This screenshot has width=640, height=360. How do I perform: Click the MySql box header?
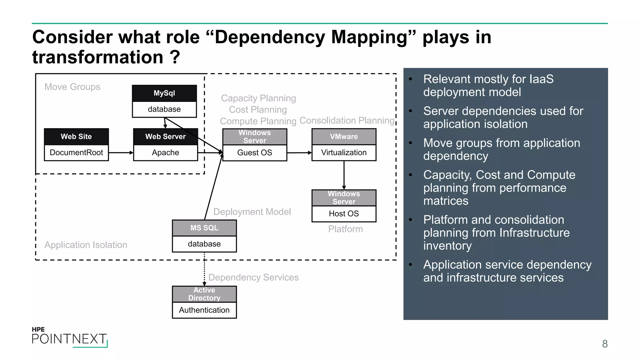point(164,93)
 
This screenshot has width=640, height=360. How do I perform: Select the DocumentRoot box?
point(76,152)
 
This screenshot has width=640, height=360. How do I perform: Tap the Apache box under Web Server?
point(165,152)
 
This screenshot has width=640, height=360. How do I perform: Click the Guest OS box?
point(254,152)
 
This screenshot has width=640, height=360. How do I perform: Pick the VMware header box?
point(344,137)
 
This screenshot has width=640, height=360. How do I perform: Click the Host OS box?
point(344,214)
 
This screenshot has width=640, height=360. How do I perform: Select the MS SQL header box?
point(204,228)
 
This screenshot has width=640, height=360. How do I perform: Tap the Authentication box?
point(204,310)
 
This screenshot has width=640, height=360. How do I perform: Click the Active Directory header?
point(204,294)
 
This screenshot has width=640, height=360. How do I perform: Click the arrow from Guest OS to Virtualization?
point(299,153)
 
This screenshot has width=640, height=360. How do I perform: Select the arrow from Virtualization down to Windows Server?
point(344,175)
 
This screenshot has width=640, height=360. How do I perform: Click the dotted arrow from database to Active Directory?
point(204,269)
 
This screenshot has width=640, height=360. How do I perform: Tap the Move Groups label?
point(72,87)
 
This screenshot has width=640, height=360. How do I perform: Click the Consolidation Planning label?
point(347,120)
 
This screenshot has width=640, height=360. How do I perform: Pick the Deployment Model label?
point(252,212)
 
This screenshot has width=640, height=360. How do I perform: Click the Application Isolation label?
point(86,245)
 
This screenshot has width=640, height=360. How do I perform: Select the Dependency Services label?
point(253,277)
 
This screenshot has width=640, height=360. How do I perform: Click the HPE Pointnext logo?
point(69,337)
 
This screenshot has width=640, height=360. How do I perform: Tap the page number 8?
point(605,344)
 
